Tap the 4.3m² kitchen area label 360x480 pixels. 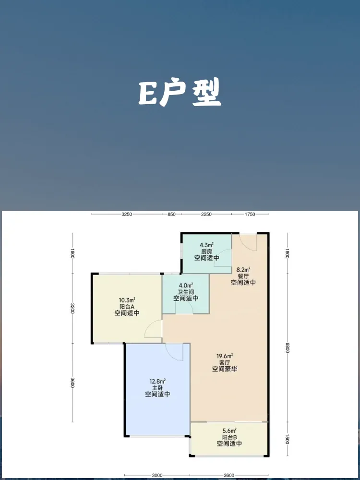[206, 245]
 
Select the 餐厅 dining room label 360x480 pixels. [243, 276]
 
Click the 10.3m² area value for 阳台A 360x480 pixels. [127, 300]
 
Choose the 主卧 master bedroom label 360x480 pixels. [157, 388]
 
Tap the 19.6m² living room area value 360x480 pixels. [224, 356]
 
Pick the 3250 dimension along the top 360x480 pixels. [127, 214]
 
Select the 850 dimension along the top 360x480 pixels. [172, 214]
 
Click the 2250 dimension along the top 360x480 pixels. [206, 214]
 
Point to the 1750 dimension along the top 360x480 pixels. [250, 214]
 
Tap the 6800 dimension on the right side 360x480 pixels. [288, 347]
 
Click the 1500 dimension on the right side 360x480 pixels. [288, 440]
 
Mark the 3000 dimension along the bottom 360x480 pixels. [157, 475]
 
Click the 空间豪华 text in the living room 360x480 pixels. [225, 369]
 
